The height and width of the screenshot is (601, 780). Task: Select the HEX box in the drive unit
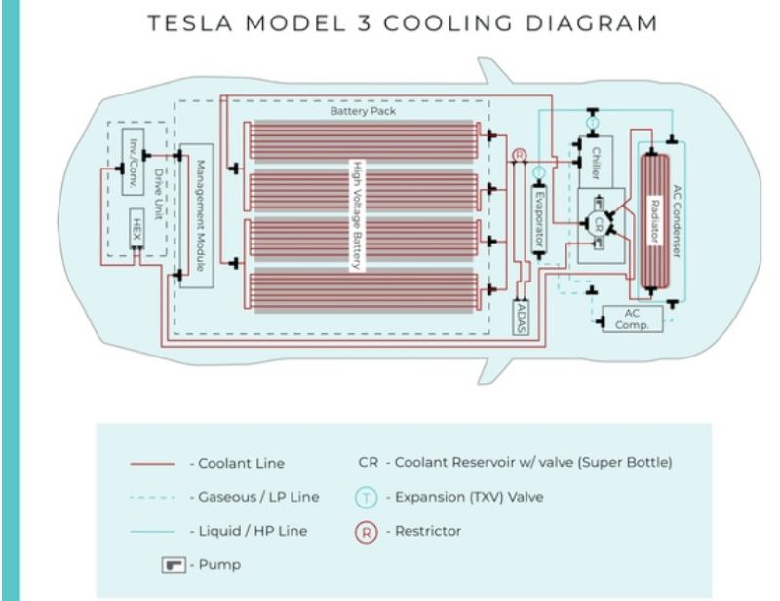pos(137,231)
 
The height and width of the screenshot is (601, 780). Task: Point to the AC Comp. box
pos(630,319)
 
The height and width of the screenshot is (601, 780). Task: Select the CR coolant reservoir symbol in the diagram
pos(601,222)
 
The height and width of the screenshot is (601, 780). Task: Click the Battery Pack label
pos(362,112)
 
